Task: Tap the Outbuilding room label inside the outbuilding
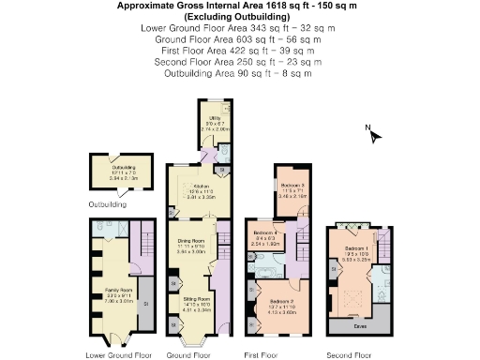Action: click(x=112, y=171)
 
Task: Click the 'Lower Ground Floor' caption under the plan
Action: click(x=118, y=355)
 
